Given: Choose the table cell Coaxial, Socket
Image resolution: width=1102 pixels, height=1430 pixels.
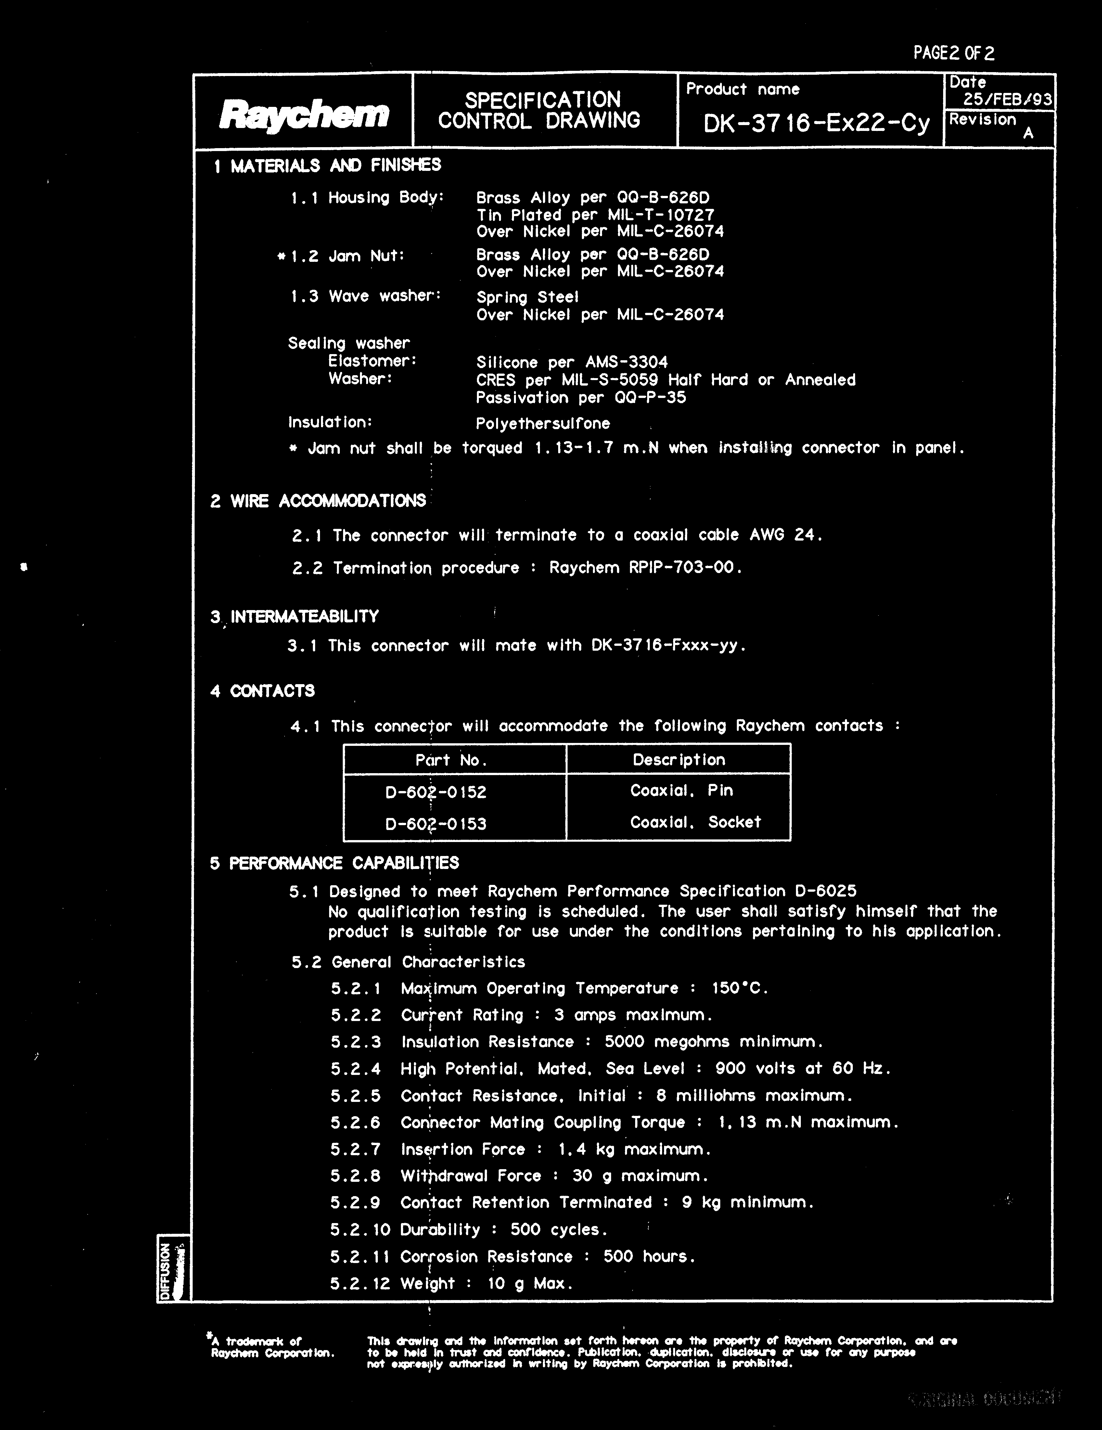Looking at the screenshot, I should tap(695, 823).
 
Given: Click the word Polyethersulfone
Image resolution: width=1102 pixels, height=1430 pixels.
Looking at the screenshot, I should tap(543, 424).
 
